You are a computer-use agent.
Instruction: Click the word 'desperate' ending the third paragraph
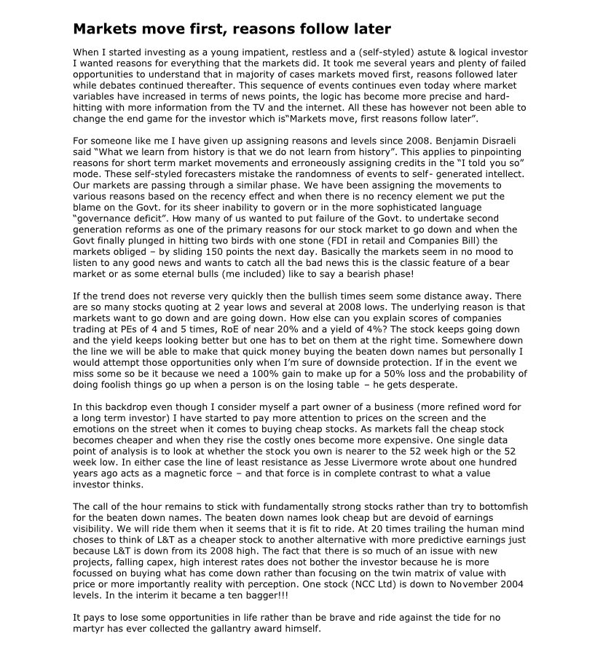[x=433, y=385]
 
